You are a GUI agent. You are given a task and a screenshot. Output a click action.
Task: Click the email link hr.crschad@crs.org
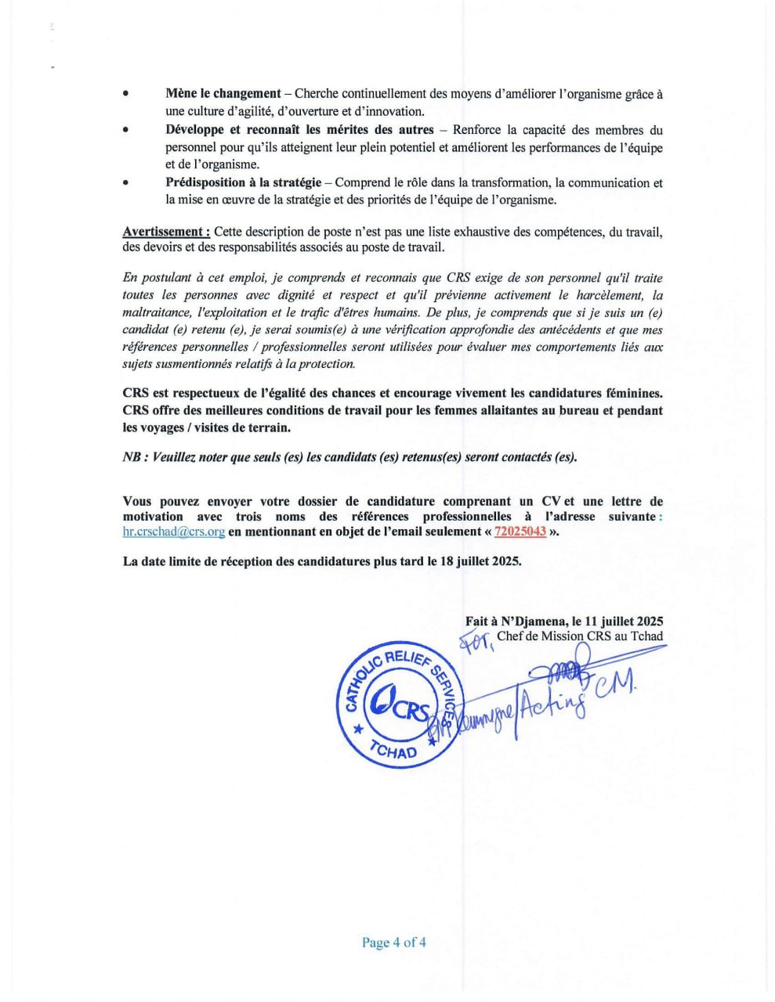point(173,532)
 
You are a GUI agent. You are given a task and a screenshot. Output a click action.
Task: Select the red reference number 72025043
point(520,532)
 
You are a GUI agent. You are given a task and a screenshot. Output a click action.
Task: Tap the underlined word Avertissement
point(165,231)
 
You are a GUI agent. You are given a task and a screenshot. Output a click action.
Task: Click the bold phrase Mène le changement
point(223,94)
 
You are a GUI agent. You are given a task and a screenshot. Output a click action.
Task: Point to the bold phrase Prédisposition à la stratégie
point(243,182)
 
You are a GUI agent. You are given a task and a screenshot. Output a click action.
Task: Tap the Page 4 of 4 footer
point(393,942)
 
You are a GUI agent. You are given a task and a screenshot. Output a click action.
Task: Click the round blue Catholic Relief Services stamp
point(399,704)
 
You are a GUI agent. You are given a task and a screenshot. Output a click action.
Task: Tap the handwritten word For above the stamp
point(476,642)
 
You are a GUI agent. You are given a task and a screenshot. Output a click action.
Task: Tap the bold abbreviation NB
point(132,457)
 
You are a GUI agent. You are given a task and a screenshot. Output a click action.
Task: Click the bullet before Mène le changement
point(125,94)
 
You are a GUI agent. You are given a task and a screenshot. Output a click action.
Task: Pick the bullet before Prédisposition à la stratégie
point(125,182)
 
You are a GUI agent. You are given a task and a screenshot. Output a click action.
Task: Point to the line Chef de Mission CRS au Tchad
point(579,636)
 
